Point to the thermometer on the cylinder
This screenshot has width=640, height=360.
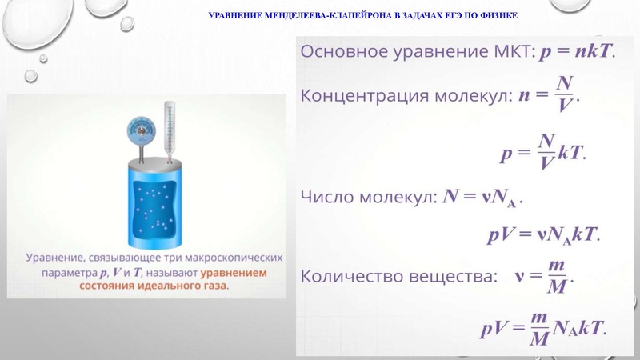click(x=169, y=128)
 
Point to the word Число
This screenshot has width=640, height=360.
click(x=326, y=197)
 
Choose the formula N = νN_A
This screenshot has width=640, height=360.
click(x=484, y=197)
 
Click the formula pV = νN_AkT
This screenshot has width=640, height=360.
click(x=543, y=235)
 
